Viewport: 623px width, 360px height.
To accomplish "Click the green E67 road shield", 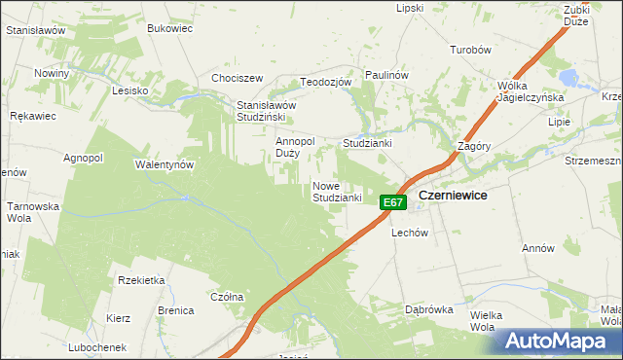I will tap(392, 202).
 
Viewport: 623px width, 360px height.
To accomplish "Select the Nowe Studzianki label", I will tap(338, 192).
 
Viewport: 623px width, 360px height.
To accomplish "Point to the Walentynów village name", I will tap(165, 165).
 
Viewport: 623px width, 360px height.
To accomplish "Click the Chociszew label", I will tap(238, 79).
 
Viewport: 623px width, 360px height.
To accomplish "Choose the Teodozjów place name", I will tap(325, 83).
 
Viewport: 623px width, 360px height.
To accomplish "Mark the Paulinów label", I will tap(385, 75).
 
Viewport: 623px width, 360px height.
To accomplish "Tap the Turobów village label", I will tap(469, 50).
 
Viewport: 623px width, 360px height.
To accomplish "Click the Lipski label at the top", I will tap(410, 8).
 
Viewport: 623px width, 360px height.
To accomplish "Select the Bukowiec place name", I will tap(169, 29).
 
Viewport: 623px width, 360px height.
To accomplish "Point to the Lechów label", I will tap(410, 234).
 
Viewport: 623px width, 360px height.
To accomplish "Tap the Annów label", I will tap(537, 249).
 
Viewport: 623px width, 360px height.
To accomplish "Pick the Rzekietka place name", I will tap(141, 280).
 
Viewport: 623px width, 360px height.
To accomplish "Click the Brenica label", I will tap(176, 311).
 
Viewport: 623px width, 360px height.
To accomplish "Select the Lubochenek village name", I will tap(97, 347).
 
